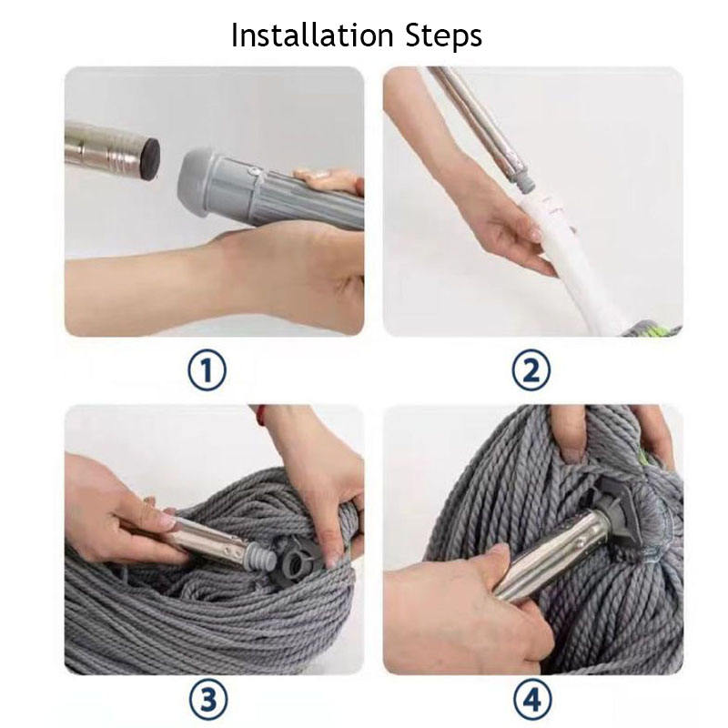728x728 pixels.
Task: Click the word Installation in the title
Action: coord(312,35)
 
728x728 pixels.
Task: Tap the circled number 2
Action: coord(531,370)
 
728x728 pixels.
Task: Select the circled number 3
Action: coord(208,700)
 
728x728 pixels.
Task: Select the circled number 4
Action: coord(532,699)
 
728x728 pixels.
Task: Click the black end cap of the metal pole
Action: coord(151,156)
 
